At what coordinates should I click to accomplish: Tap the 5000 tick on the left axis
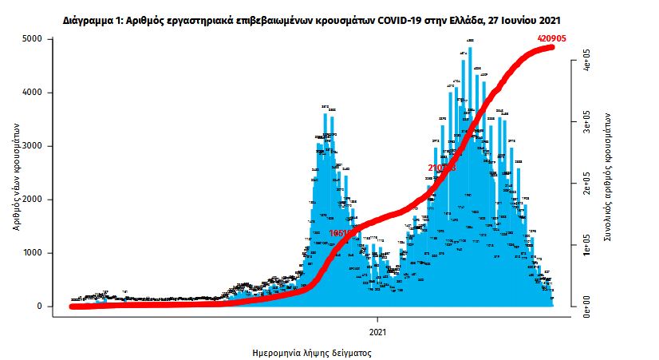pyautogui.click(x=32, y=39)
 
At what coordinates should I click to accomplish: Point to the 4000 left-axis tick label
pyautogui.click(x=32, y=93)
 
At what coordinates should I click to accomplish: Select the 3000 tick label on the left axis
pyautogui.click(x=32, y=146)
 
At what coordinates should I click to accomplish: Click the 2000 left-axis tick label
pyautogui.click(x=32, y=200)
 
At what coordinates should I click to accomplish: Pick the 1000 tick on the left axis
pyautogui.click(x=32, y=253)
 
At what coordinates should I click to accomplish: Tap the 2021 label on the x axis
pyautogui.click(x=378, y=330)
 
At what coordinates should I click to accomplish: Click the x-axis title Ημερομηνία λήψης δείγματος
pyautogui.click(x=311, y=351)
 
